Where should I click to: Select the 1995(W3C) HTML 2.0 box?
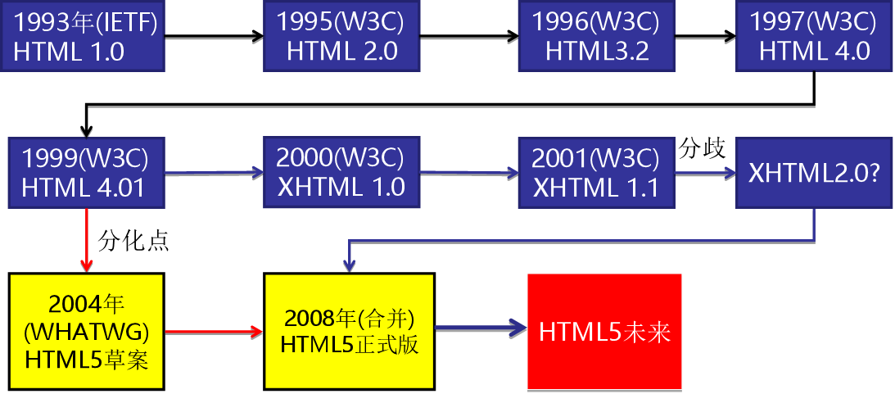tap(342, 37)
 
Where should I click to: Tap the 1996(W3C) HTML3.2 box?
tap(597, 37)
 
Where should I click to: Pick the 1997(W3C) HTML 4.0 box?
tap(814, 37)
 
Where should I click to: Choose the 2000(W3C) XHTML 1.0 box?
tap(341, 173)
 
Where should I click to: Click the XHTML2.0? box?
tap(814, 173)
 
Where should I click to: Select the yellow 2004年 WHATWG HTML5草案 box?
tap(87, 331)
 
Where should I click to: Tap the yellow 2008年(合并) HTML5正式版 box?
tap(350, 331)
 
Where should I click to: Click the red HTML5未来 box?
tap(604, 331)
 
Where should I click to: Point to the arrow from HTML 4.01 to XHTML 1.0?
tap(215, 172)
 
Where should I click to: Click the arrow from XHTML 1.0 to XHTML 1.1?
tap(469, 172)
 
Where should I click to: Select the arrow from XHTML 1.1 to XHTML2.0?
tap(704, 173)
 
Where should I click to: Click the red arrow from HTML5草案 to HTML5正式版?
tap(215, 332)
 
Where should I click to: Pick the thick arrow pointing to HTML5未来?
tap(480, 328)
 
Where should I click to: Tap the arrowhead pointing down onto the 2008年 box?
tap(350, 264)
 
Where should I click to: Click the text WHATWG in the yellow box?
tap(87, 332)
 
